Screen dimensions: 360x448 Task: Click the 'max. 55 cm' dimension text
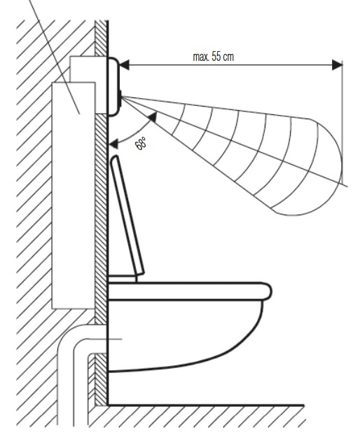[x=213, y=57]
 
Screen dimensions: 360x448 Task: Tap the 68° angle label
[x=141, y=144]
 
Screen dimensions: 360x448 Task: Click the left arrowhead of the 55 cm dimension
[x=124, y=65]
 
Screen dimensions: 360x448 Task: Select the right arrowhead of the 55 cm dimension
[x=337, y=65]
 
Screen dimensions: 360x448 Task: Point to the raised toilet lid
[x=127, y=215]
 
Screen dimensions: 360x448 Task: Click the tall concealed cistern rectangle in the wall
[x=74, y=196]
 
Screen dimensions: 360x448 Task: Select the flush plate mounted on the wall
[x=113, y=86]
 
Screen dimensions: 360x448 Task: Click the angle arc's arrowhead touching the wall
[x=113, y=144]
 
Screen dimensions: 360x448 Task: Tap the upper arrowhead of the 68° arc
[x=153, y=117]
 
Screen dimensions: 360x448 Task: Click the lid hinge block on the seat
[x=122, y=278]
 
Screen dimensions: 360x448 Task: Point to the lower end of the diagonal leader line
[x=79, y=114]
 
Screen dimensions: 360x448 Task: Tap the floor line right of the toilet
[x=205, y=405]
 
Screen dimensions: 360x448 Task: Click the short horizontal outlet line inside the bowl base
[x=115, y=339]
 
